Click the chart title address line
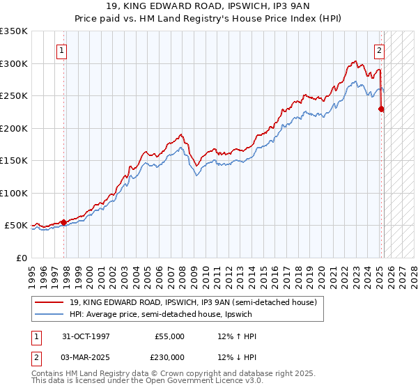(209, 6)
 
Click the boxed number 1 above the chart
(63, 50)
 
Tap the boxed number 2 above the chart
(380, 50)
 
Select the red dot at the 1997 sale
(64, 222)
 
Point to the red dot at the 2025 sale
(382, 109)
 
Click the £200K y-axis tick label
(13, 128)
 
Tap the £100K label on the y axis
(13, 193)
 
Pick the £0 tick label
(22, 258)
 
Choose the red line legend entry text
(193, 302)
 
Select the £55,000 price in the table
(170, 336)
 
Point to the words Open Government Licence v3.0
(208, 382)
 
